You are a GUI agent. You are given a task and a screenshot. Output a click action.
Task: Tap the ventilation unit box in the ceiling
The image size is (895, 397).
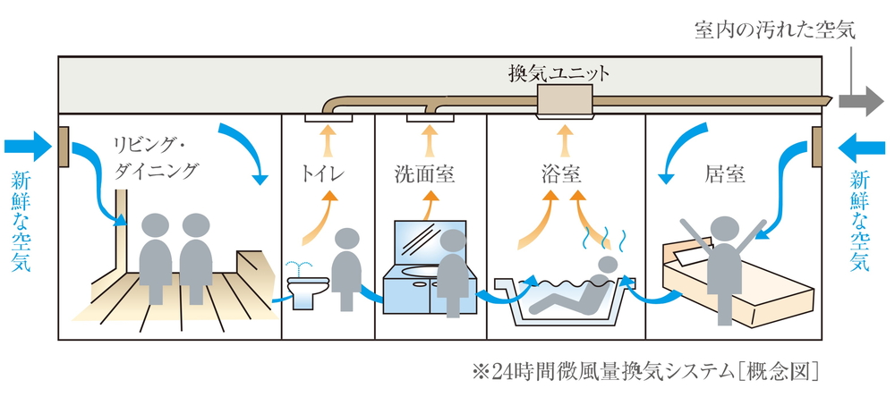click(563, 103)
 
